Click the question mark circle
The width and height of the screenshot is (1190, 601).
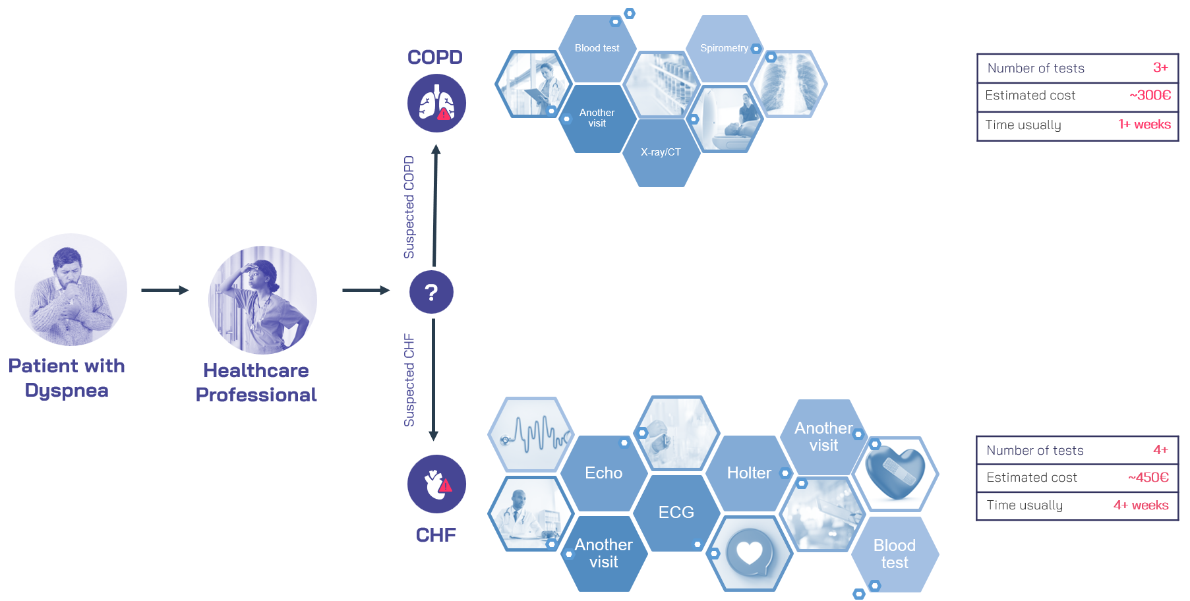[x=431, y=292]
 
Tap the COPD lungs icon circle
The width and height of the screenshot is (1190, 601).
[x=436, y=103]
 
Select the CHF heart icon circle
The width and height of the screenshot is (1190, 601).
[x=436, y=484]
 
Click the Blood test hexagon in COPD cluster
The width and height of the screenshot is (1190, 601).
[x=597, y=48]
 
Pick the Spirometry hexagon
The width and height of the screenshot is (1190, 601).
[x=725, y=48]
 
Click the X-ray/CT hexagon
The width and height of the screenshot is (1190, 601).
[x=661, y=152]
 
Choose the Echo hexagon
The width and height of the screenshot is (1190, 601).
[x=603, y=472]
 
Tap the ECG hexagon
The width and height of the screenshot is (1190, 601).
[x=676, y=512]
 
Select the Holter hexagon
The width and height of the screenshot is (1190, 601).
[x=749, y=472]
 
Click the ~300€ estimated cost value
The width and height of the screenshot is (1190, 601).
[x=1150, y=96]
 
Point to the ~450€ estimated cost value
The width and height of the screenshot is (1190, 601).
[x=1148, y=478]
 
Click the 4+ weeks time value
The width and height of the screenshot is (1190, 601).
[x=1141, y=505]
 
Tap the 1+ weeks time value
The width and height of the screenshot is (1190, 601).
[x=1145, y=125]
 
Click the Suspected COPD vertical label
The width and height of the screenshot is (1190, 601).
[x=409, y=207]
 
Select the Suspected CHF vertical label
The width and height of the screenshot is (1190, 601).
[x=409, y=380]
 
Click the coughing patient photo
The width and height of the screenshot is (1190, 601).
[x=71, y=290]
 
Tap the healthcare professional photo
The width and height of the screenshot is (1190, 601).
[x=262, y=300]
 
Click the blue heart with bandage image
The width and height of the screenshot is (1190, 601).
[x=895, y=472]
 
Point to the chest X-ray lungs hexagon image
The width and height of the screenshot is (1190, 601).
[x=789, y=84]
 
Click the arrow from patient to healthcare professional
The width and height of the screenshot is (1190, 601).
[x=165, y=291]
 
